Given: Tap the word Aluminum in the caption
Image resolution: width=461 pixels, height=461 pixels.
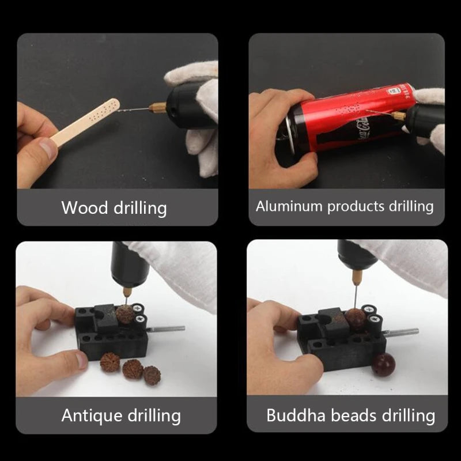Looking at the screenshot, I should point(289,206).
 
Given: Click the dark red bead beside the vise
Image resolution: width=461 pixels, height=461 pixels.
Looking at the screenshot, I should point(383,365).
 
